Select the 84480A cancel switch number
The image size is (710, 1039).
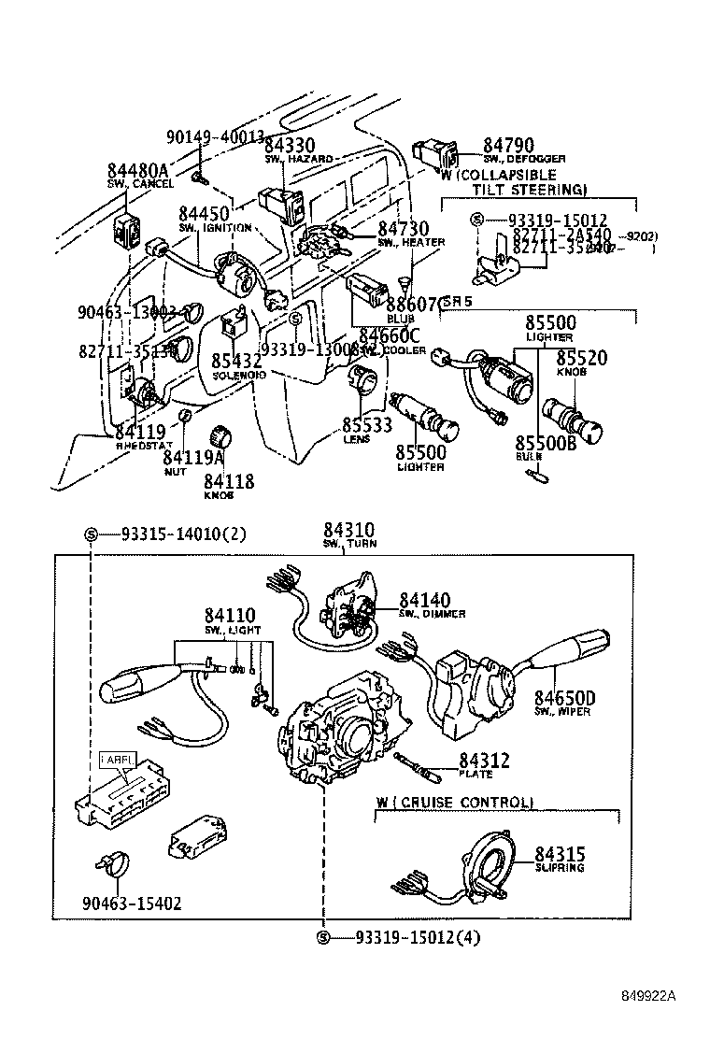[x=137, y=170]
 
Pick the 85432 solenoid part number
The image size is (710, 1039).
[x=236, y=361]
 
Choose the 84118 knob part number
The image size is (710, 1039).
[x=229, y=482]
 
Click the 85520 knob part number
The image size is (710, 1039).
[x=582, y=358]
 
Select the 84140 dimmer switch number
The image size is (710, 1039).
[x=425, y=600]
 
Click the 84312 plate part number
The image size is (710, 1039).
[x=484, y=761]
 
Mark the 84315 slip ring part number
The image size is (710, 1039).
[x=561, y=853]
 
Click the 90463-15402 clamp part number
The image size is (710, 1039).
[x=132, y=904]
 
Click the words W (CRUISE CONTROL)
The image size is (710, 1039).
[x=455, y=803]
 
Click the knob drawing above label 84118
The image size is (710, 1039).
[x=222, y=437]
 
